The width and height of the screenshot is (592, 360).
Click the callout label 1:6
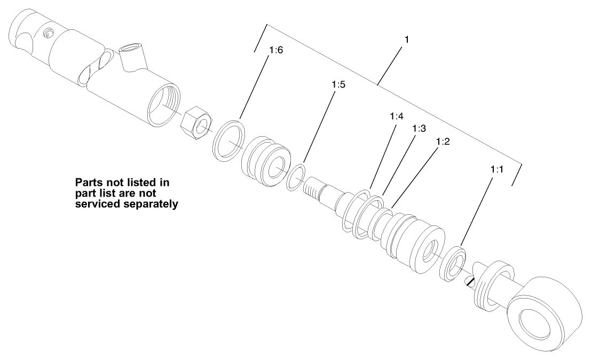[x=276, y=51]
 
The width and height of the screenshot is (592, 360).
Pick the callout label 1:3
[x=419, y=129]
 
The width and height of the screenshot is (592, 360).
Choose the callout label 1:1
[x=498, y=169]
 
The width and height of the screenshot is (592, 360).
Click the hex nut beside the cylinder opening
[x=195, y=123]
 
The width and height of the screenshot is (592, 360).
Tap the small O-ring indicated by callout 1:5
[x=296, y=177]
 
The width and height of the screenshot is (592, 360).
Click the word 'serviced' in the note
[x=96, y=204]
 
